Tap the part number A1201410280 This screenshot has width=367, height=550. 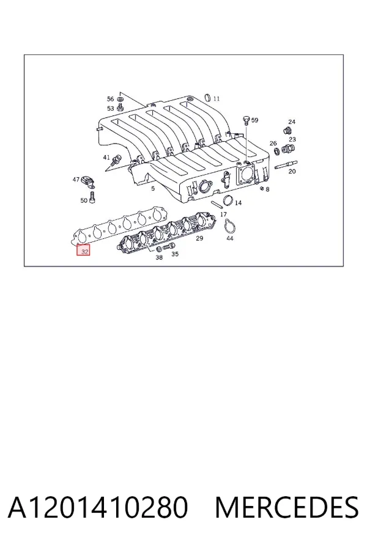coord(98,508)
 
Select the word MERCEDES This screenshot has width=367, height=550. coord(287,508)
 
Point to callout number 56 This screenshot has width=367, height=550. coord(110,99)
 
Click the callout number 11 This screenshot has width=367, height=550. coord(217,98)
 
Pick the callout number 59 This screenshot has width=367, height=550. coord(254,120)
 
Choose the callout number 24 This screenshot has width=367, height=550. coord(292,122)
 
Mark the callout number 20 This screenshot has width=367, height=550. coord(292,171)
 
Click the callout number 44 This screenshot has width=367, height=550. coord(230,238)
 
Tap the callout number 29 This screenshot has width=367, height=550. coord(199,238)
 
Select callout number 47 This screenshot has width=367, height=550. coord(76,180)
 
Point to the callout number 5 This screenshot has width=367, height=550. coord(153,188)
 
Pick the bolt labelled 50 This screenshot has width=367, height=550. coord(92,197)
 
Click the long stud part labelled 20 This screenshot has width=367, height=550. coord(286,164)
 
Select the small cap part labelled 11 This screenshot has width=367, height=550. coord(207,97)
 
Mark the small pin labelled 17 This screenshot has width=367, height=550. coord(217,205)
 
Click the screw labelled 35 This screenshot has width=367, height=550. coord(169,247)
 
